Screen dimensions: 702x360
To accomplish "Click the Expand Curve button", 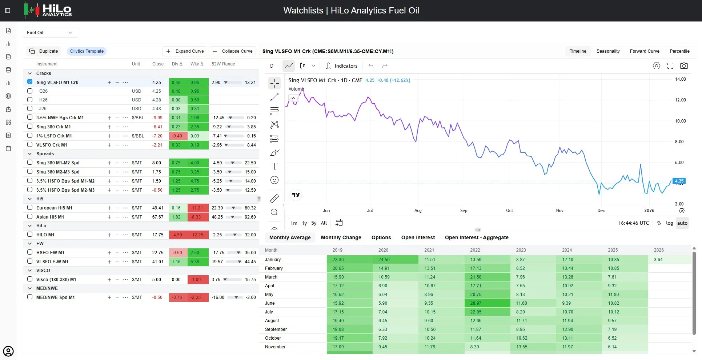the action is [x=185, y=51].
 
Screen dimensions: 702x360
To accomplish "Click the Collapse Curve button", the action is [x=232, y=51].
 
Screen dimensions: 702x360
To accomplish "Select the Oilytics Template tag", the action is [x=87, y=51].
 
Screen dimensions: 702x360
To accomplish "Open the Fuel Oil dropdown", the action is [x=51, y=33].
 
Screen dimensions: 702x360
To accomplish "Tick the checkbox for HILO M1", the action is [x=30, y=235].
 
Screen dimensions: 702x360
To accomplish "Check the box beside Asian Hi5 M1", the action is [x=30, y=217].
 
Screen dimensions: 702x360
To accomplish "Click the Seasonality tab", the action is [x=608, y=51].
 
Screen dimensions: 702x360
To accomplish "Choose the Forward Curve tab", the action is [x=645, y=51].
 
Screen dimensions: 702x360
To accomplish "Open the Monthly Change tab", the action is [x=341, y=237].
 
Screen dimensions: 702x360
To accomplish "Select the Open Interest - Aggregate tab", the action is [x=477, y=237].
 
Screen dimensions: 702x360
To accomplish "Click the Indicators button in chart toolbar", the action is [x=341, y=66].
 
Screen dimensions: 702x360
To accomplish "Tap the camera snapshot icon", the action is [x=684, y=66].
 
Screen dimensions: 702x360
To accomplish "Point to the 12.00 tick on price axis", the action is [x=680, y=100].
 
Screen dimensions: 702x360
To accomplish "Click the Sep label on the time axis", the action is [x=464, y=211].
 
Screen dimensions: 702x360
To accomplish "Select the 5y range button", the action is [x=314, y=223].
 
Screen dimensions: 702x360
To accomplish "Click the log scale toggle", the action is [x=669, y=223].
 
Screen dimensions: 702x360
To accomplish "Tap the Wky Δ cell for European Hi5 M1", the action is [x=198, y=208].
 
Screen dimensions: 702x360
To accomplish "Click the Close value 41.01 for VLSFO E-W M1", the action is [x=158, y=262].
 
